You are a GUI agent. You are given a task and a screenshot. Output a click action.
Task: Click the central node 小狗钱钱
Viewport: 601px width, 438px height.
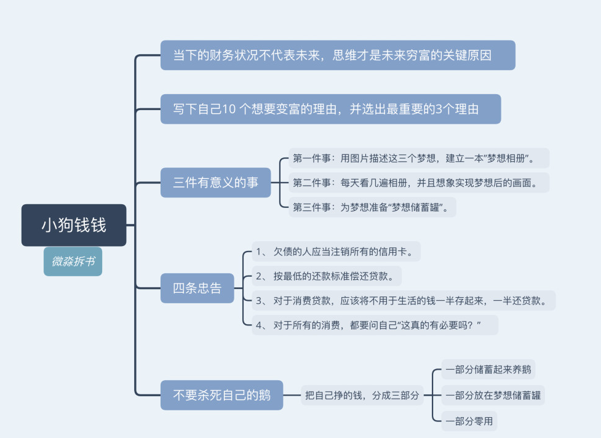coord(74,225)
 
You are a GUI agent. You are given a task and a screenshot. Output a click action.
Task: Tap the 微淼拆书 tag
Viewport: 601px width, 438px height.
coord(73,261)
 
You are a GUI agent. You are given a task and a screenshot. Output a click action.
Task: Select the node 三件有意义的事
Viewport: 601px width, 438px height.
coord(215,183)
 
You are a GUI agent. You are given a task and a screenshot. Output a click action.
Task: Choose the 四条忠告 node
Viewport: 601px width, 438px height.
coord(197,288)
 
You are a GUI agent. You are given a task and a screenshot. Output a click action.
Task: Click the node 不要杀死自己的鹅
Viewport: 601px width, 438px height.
coord(221,395)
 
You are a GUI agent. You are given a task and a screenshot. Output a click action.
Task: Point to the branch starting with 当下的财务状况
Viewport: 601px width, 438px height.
coord(338,55)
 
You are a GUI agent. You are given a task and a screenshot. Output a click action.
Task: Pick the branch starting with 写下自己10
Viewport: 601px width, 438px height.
coord(330,109)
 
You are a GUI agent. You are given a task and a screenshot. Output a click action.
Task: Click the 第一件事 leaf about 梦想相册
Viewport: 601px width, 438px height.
coord(418,158)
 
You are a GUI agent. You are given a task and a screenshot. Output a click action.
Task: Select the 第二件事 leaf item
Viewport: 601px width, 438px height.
coord(418,183)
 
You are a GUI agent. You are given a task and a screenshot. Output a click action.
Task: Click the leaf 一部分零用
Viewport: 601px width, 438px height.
coord(469,421)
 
